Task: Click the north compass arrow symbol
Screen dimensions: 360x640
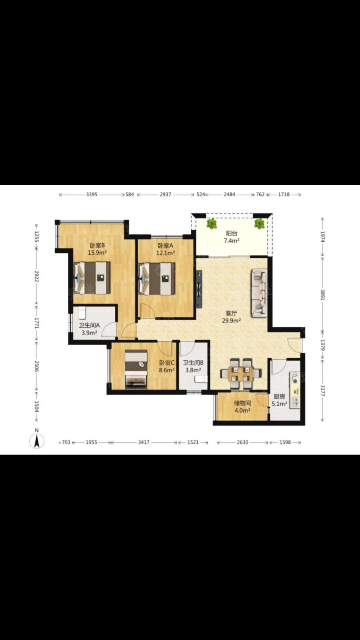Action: tap(36, 441)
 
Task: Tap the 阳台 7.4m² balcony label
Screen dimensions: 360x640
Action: tap(232, 237)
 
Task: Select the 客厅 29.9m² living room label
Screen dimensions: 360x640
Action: tap(232, 316)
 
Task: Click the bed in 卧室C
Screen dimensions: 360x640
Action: tap(136, 370)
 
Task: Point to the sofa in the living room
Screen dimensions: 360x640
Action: tap(260, 293)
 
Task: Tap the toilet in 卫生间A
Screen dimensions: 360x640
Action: tap(82, 313)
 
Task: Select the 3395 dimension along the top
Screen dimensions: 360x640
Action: tap(92, 194)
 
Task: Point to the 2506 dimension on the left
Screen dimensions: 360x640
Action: tap(36, 366)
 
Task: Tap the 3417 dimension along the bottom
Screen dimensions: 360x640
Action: tap(144, 442)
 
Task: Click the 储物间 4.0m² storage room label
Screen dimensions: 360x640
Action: tap(242, 407)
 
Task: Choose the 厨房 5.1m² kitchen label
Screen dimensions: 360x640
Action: tap(280, 400)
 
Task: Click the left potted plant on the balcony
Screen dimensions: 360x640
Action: tap(212, 224)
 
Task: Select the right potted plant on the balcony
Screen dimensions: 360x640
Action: tap(260, 224)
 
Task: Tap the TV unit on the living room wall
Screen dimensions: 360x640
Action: tap(199, 290)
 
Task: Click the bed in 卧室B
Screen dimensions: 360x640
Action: tap(92, 278)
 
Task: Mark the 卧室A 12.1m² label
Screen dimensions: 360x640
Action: tap(166, 249)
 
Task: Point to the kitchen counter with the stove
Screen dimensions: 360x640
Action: tap(295, 390)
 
